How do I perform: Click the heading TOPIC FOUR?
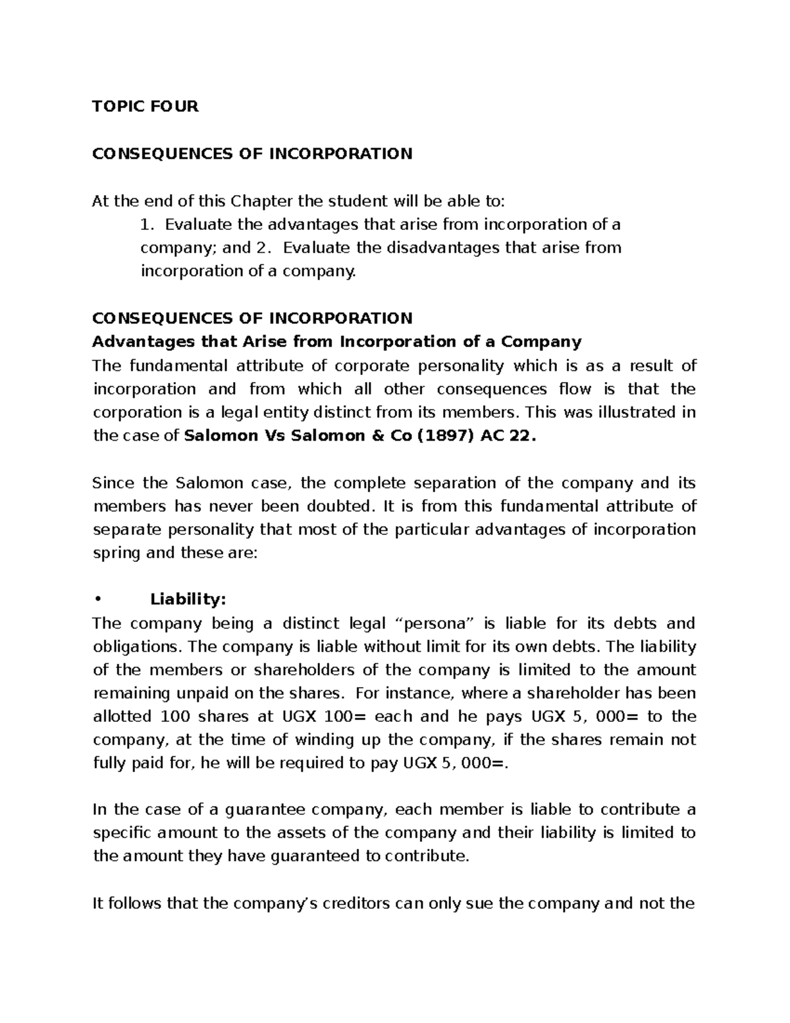click(145, 106)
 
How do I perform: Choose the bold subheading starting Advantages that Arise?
click(336, 342)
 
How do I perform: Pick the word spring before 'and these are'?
click(117, 553)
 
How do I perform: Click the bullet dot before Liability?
click(97, 600)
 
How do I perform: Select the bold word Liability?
click(188, 599)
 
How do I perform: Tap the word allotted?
click(121, 717)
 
